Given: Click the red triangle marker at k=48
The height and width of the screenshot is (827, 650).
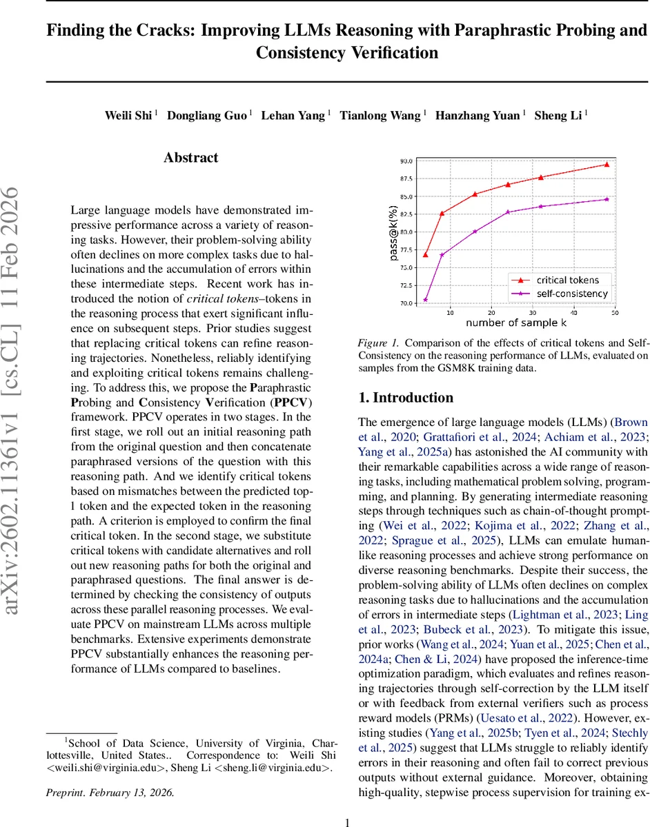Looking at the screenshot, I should (607, 164).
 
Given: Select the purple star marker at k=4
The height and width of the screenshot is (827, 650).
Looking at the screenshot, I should (426, 300).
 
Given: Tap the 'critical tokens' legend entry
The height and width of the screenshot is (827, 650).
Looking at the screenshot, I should (568, 280).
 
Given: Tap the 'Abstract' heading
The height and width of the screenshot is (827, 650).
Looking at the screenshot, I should (191, 158).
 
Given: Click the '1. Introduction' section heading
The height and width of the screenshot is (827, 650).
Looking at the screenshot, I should (406, 398).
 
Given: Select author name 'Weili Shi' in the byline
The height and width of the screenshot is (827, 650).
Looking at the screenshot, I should (127, 115).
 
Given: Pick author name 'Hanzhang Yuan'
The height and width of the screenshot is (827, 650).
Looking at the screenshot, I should (477, 115).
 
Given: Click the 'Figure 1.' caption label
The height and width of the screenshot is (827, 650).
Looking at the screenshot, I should (378, 343).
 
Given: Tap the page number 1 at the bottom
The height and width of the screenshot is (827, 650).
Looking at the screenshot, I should (347, 821).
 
